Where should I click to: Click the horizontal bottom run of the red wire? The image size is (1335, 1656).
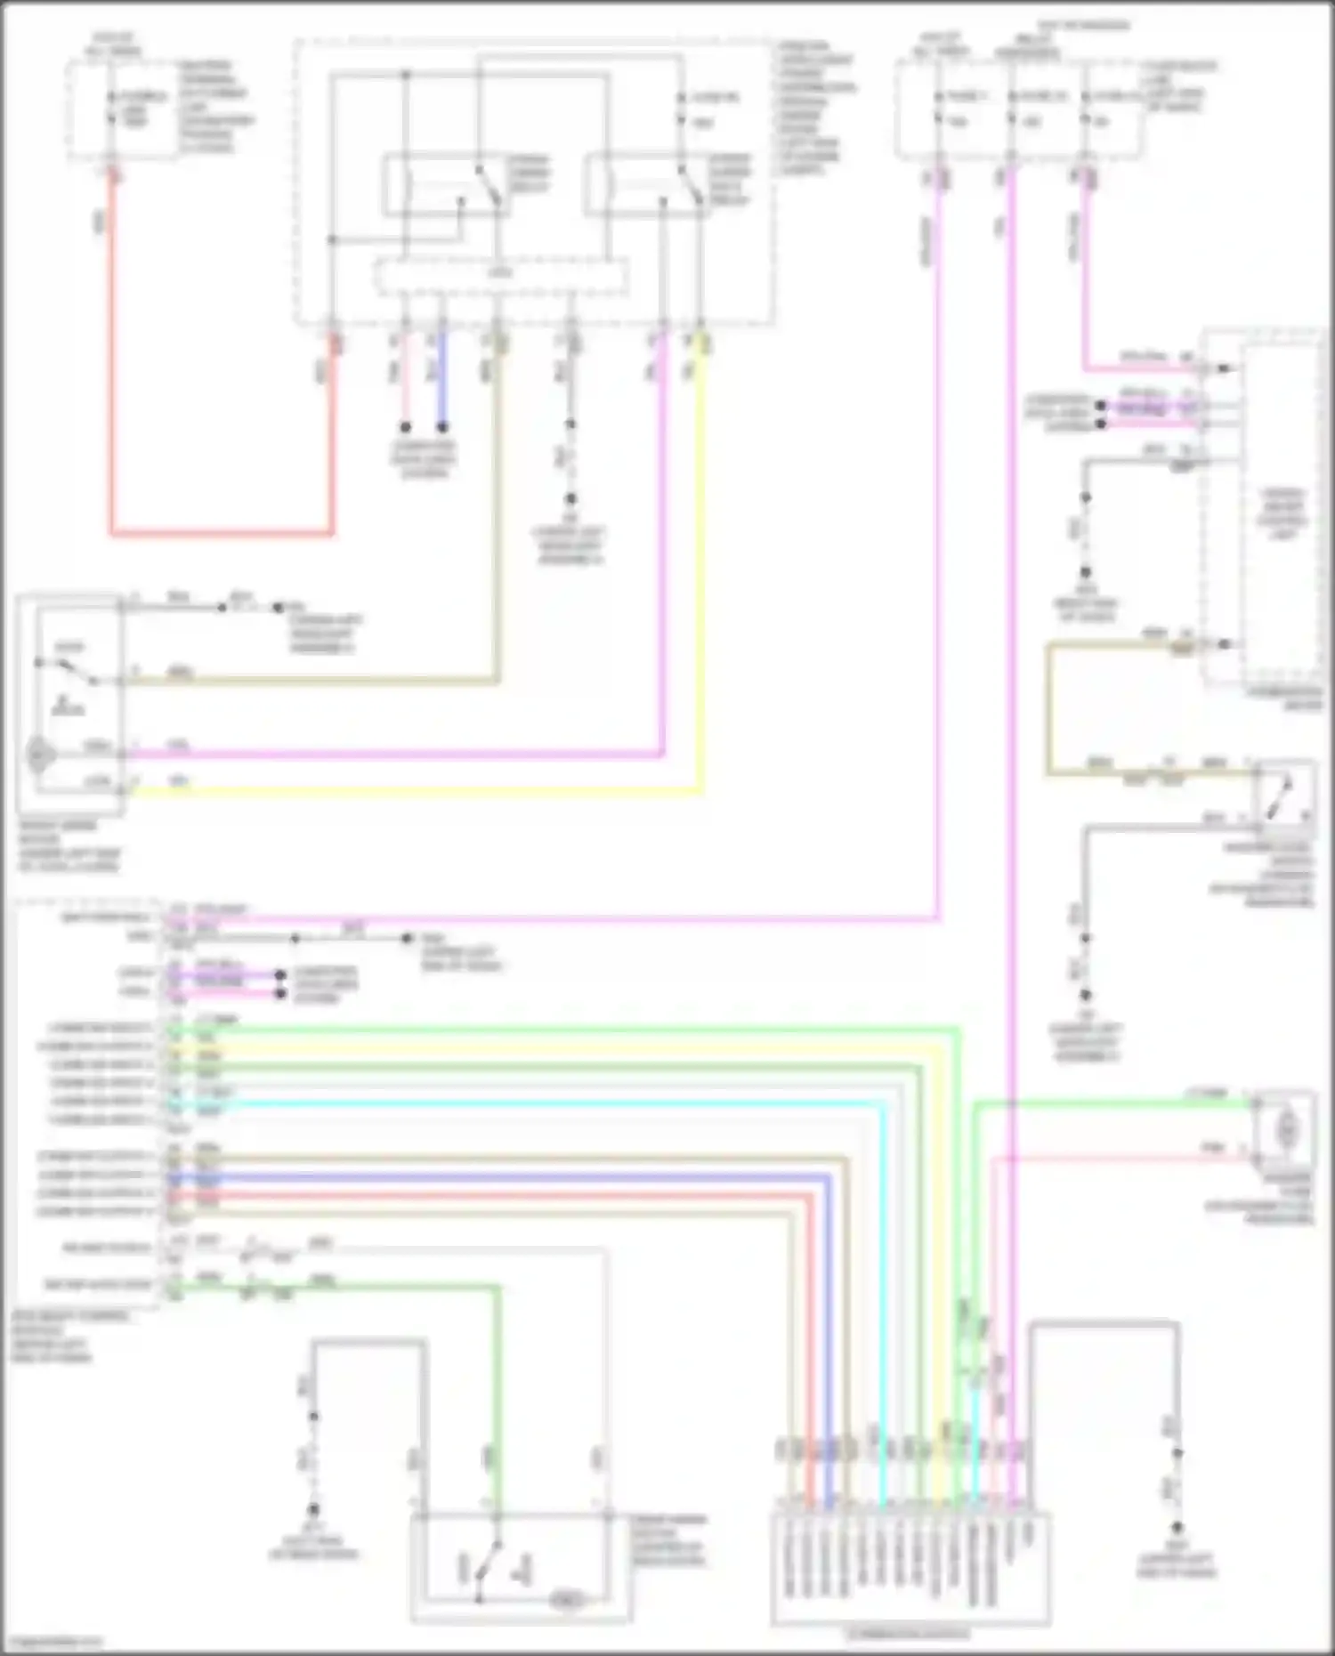[x=222, y=534]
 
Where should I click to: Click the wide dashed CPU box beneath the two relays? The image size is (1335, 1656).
[x=500, y=277]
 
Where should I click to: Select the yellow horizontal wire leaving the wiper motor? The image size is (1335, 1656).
[x=409, y=790]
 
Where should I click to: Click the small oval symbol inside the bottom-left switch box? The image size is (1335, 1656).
[x=567, y=1599]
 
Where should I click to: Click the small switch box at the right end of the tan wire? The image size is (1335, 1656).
[x=1282, y=792]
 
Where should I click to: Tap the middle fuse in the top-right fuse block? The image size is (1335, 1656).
[x=1012, y=107]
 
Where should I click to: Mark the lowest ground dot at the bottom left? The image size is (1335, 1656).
[x=313, y=1510]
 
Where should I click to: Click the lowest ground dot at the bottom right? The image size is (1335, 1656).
[x=1177, y=1527]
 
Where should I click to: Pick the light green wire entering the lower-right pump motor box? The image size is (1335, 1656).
[x=1112, y=1104]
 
